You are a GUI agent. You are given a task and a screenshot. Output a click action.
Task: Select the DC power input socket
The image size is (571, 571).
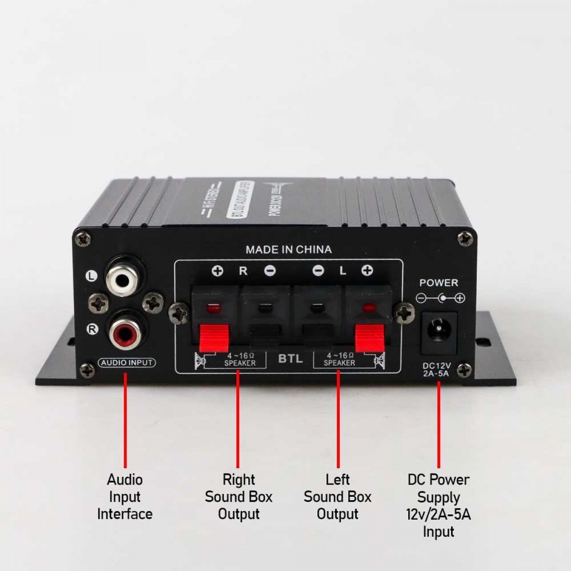point(439,331)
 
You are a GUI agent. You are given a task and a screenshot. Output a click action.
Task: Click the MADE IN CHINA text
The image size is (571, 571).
point(288,250)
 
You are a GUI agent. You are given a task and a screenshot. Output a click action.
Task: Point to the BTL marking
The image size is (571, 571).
point(291,359)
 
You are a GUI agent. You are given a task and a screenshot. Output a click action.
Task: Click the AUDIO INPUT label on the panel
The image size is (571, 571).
point(127,363)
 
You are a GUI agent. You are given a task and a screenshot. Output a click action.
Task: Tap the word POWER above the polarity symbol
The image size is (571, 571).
point(439,283)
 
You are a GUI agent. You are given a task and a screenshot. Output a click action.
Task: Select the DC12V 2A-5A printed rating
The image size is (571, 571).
point(439,370)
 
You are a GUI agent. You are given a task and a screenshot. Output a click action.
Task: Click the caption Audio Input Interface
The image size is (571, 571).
point(125,497)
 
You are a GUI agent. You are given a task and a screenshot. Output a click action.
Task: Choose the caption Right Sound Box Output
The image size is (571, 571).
point(239,497)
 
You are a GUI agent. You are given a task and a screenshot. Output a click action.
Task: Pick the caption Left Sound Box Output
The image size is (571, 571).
point(337,497)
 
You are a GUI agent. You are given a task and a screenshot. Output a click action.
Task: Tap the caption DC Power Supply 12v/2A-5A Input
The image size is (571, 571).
point(438,505)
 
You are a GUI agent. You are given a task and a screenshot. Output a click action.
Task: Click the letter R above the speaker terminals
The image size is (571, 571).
point(243,272)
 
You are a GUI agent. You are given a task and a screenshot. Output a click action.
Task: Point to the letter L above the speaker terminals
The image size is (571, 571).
point(343,272)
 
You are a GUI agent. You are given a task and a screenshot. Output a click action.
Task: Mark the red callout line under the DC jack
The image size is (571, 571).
point(439,424)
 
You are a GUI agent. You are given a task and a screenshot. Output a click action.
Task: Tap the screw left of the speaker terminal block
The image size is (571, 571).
point(179,314)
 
